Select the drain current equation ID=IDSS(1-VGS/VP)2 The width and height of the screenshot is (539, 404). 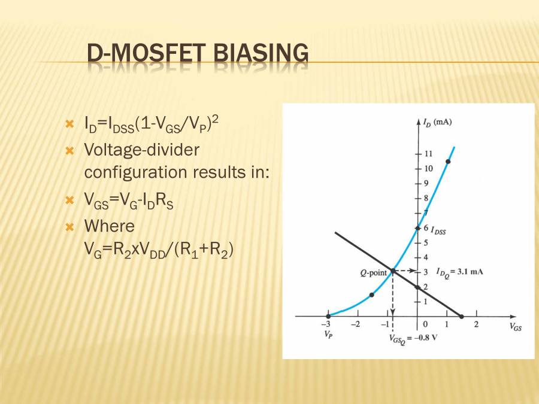[152, 124]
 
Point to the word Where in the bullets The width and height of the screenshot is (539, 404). [110, 226]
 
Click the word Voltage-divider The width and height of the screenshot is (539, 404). [141, 150]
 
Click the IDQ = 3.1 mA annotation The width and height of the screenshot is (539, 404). [459, 271]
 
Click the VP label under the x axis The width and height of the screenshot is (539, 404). [329, 335]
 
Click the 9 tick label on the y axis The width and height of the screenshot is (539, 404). [426, 183]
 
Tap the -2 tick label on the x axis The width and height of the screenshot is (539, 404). [355, 325]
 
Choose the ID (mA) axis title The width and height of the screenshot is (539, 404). [437, 122]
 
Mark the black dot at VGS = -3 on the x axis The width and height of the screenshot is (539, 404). [328, 316]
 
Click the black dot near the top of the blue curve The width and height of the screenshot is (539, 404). [448, 162]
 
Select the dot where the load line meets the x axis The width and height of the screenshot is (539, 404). [462, 316]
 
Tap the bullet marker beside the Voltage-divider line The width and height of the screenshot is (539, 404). [69, 150]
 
